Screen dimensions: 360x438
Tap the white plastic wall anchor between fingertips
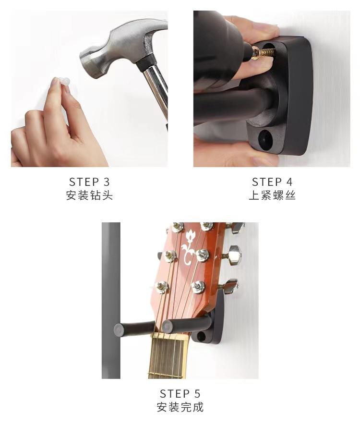click(x=64, y=81)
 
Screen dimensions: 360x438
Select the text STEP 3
click(x=89, y=182)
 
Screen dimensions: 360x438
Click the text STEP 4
click(x=272, y=182)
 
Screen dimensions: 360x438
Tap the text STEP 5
click(x=180, y=394)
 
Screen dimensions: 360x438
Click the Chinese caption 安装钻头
click(x=89, y=195)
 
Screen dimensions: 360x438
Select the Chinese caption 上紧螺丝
click(x=272, y=195)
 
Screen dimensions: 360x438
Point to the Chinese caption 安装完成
click(x=180, y=407)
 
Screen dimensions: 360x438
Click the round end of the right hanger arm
click(x=167, y=327)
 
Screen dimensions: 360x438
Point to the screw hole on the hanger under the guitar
click(x=202, y=337)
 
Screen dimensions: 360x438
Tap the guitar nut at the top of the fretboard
click(x=168, y=336)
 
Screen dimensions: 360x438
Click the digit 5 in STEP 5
click(x=197, y=394)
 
